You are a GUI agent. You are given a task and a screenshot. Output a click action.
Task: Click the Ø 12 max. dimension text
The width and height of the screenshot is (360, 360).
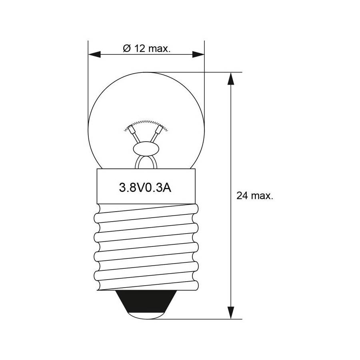[x=147, y=48]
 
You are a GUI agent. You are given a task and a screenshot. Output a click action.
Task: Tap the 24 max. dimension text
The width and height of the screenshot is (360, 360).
[x=255, y=196]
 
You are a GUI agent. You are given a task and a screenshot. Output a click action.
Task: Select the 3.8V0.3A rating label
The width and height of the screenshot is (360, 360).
[x=145, y=188]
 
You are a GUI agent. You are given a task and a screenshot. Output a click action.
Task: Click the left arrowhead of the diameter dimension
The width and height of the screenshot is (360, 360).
[x=94, y=55]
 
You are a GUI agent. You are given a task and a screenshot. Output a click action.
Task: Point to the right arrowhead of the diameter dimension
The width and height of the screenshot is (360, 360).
[x=198, y=55]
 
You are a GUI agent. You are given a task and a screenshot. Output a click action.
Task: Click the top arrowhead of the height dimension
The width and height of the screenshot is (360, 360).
[x=231, y=78]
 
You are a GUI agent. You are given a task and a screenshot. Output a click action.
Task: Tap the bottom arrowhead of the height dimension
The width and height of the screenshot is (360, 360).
[x=231, y=313]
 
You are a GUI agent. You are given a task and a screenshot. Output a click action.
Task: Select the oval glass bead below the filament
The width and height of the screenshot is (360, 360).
[x=146, y=148]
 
